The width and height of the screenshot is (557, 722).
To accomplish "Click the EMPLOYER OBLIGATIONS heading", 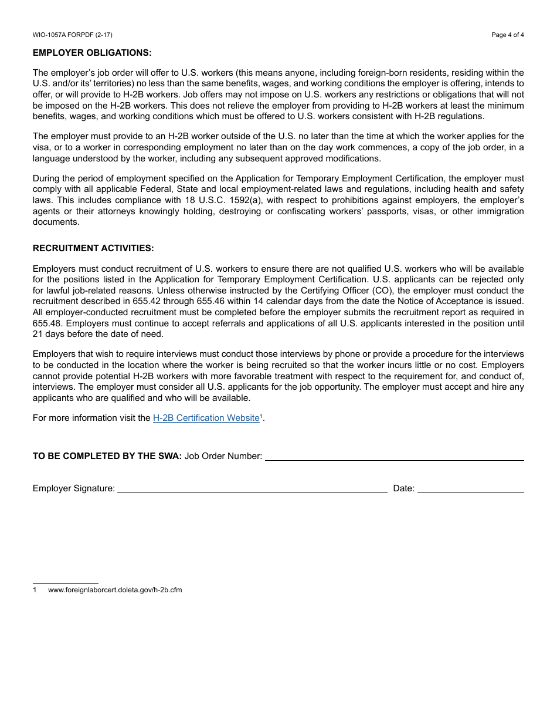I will pos(92,53).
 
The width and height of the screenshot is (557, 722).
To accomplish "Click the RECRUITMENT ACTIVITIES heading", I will pos(93,248).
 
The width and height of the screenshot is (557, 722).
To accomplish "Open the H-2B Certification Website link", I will pos(206,418).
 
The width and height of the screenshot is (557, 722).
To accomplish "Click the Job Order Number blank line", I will pos(394,457).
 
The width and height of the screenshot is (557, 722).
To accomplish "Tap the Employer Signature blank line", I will pos(252,488).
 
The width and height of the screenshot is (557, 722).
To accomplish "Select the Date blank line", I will pos(470,488).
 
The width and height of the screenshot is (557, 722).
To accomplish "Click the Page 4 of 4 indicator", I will pos(507,35).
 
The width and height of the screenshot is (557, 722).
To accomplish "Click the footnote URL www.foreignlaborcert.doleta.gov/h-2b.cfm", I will pos(115,590).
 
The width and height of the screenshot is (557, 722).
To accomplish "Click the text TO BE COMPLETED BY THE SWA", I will pos(107,456).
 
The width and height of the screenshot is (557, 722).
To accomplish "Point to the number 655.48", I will pos(45,323).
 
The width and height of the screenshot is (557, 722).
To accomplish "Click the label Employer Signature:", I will pos(74,488).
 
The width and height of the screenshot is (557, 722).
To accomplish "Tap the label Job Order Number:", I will pos(223,456).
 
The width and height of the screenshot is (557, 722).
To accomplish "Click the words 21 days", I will pos(50,334).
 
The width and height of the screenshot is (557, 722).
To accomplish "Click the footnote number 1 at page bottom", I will pos(35,590).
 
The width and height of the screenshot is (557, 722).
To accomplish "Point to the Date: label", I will pos(404,488).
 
